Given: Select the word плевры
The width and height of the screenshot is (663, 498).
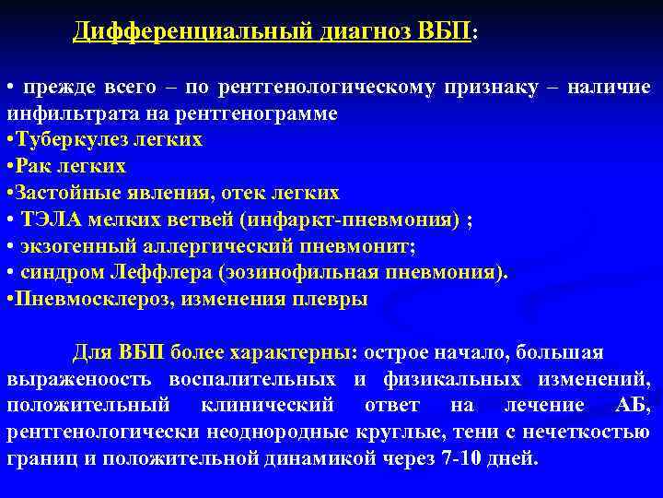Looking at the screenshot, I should (335, 301).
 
